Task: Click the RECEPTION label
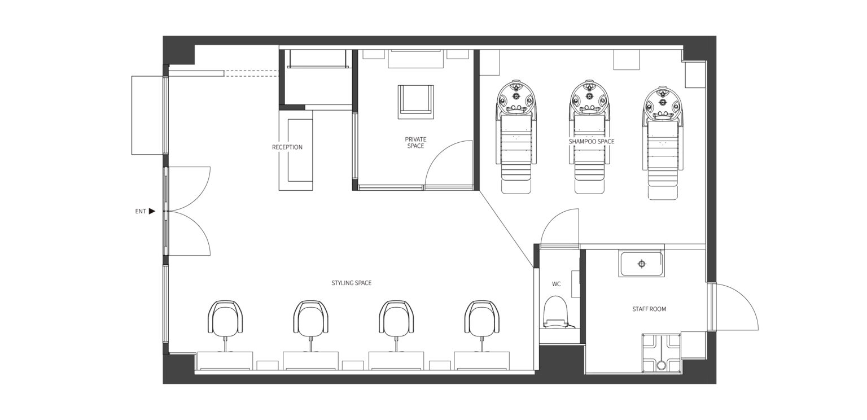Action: click(x=287, y=147)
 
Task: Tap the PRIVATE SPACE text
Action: click(x=415, y=142)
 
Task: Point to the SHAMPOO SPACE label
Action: click(x=592, y=142)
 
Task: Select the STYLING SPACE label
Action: click(x=352, y=283)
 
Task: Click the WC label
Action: click(x=556, y=284)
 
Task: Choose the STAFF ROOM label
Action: click(x=649, y=309)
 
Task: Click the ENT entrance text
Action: click(x=141, y=211)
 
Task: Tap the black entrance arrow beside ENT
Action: click(x=152, y=211)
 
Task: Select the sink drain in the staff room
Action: click(x=642, y=264)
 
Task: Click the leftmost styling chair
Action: click(x=225, y=317)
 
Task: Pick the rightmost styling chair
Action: click(x=482, y=317)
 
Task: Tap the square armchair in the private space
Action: click(x=415, y=102)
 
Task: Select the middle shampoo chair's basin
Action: click(x=589, y=99)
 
